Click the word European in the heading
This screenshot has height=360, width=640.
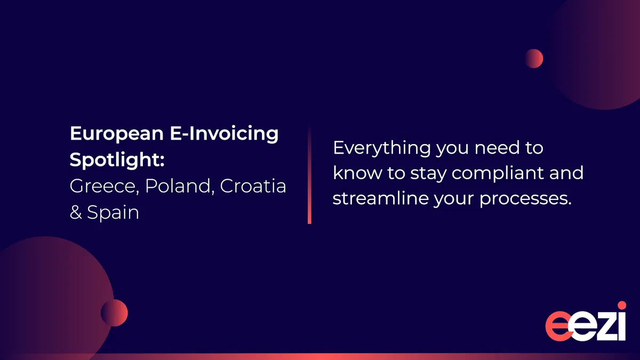click(x=117, y=134)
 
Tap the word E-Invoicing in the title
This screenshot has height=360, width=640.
click(x=225, y=134)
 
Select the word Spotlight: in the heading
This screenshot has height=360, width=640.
click(x=117, y=160)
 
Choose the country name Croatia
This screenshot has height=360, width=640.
click(x=253, y=186)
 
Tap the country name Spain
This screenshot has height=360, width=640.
click(x=113, y=213)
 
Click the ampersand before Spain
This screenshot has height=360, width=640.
click(x=76, y=213)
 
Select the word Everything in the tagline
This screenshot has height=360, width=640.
click(x=382, y=149)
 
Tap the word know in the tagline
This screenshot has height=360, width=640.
click(x=357, y=173)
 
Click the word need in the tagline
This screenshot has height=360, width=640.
click(x=497, y=148)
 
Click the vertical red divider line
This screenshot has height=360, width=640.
click(x=309, y=174)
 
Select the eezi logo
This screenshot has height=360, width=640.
click(x=586, y=321)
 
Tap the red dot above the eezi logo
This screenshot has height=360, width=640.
click(x=622, y=305)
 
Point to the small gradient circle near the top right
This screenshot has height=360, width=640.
click(x=534, y=59)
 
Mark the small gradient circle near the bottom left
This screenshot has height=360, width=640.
click(x=114, y=313)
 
